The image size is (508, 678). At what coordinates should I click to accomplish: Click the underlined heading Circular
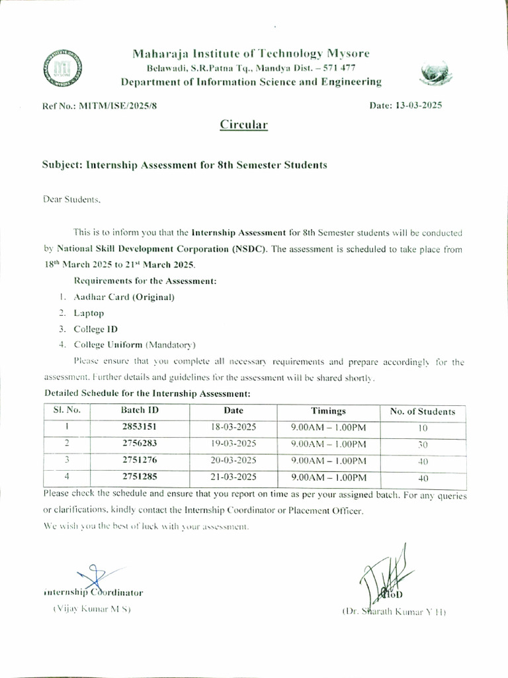tap(243, 124)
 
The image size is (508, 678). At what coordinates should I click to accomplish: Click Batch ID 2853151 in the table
tap(140, 428)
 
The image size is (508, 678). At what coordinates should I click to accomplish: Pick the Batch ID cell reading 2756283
tap(140, 444)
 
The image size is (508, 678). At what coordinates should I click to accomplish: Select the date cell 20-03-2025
tap(233, 460)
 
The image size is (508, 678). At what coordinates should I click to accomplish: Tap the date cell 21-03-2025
tap(233, 476)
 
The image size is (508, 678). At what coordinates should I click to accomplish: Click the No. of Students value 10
tap(423, 428)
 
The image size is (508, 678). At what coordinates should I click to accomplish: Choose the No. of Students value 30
tap(423, 444)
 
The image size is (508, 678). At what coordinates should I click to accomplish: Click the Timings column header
tap(328, 411)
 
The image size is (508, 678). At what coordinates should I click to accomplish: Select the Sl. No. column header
tap(67, 411)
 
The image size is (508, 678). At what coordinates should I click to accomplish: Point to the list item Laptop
tap(89, 313)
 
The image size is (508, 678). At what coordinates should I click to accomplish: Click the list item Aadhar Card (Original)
tap(124, 297)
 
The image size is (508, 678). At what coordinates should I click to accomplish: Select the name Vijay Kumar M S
tap(92, 608)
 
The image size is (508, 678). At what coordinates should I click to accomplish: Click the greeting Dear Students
tap(72, 199)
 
